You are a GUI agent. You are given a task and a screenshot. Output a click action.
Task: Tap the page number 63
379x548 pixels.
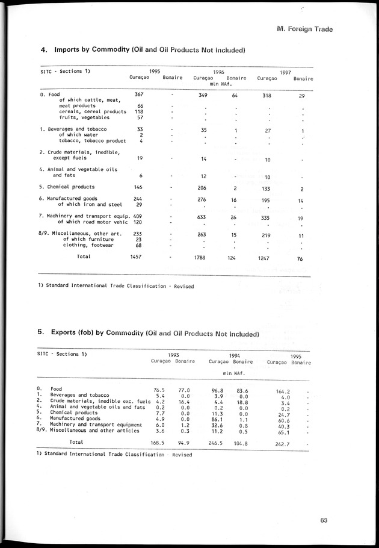click(x=324, y=521)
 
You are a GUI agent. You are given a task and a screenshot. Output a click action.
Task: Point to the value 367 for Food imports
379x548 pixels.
click(x=140, y=95)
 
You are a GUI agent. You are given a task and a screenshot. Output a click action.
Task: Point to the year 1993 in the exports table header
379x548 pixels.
click(x=174, y=355)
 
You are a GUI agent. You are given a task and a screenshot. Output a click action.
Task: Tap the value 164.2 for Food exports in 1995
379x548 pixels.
click(x=283, y=391)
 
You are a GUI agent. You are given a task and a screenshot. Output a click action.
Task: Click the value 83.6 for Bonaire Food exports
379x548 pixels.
click(x=242, y=390)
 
